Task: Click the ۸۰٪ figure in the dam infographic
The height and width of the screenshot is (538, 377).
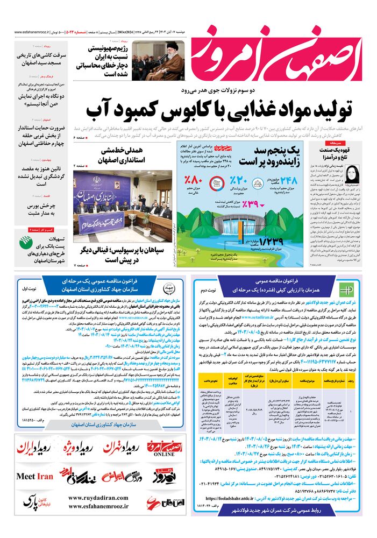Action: point(191,181)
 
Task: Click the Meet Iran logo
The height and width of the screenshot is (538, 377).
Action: point(35,477)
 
